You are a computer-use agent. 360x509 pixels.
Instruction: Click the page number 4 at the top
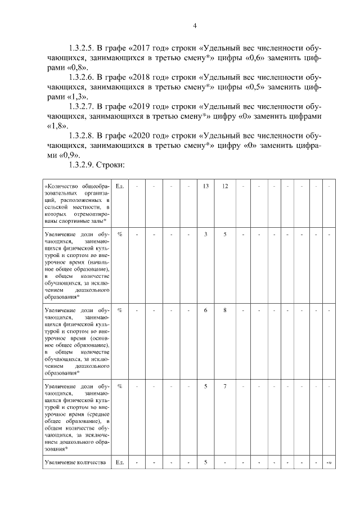(193, 25)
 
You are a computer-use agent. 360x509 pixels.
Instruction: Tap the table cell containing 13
(206, 186)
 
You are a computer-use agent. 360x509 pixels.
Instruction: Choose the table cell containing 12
(225, 186)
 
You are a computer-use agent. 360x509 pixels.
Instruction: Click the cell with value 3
(206, 233)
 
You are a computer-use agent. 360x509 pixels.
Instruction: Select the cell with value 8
(225, 310)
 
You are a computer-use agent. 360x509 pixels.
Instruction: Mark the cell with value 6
(206, 310)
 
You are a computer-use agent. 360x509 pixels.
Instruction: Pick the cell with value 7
(225, 386)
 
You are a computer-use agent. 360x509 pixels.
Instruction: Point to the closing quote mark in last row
(329, 463)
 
